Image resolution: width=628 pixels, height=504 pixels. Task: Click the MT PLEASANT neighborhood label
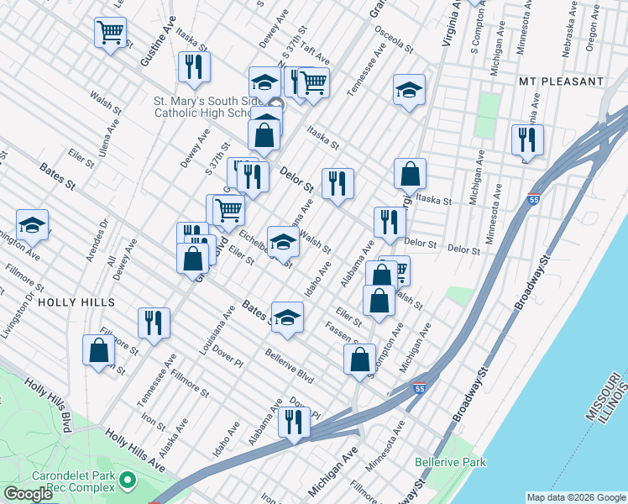pyautogui.click(x=562, y=81)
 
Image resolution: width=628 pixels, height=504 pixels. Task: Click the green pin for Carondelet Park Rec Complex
pyautogui.click(x=127, y=480)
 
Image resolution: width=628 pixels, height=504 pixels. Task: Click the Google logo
pyautogui.click(x=28, y=494)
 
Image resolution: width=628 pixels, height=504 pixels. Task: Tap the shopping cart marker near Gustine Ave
pyautogui.click(x=110, y=34)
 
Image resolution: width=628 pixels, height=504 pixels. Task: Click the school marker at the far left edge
pyautogui.click(x=32, y=224)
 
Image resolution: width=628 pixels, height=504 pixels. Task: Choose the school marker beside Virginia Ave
pyautogui.click(x=409, y=91)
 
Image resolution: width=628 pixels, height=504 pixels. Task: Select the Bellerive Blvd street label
pyautogui.click(x=290, y=366)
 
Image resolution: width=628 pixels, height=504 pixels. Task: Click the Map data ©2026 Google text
pyautogui.click(x=575, y=496)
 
